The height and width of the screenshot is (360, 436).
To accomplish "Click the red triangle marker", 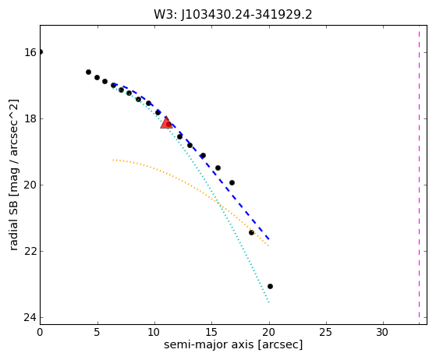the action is point(166,123).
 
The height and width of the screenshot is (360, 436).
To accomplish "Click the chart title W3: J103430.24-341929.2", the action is point(233,15).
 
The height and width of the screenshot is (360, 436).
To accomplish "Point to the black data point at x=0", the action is point(41,52).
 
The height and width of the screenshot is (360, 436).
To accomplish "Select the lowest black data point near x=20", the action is point(270,286).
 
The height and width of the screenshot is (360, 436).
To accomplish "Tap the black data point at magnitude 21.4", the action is point(251,232).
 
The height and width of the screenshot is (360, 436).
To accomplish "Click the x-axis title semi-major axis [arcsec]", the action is point(233,344).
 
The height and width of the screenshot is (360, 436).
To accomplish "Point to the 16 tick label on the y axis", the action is point(30,52).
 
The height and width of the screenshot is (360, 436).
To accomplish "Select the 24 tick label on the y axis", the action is point(30,317).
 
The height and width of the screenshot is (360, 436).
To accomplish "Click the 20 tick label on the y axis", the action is point(30,185).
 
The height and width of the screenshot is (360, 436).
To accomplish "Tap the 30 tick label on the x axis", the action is point(383,332).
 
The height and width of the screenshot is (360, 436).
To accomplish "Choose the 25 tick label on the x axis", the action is point(325,332).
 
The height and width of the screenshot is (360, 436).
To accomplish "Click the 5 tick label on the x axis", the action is point(97,332).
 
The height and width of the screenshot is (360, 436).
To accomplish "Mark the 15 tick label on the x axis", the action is point(211,332).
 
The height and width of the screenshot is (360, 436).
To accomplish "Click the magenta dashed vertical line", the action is point(419,175).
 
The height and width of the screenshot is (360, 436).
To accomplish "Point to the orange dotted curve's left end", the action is point(113,160).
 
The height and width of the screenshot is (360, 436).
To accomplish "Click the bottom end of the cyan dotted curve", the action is point(269,302).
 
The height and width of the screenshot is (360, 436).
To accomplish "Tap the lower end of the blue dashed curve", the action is point(269,239).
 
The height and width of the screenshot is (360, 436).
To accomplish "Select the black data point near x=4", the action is point(88,72).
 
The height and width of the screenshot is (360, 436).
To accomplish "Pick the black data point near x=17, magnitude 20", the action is point(232,183).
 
